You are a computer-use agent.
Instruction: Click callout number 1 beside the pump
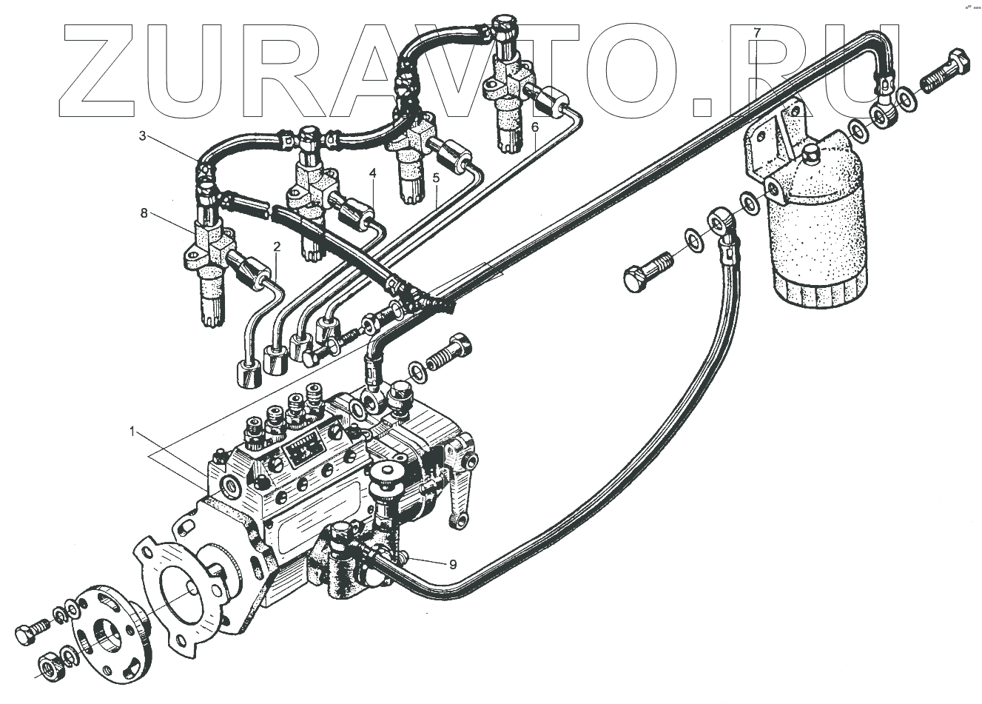point(132,432)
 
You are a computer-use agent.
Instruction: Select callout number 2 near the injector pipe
point(277,247)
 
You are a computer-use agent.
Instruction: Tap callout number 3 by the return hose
point(142,135)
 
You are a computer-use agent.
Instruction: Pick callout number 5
point(437,178)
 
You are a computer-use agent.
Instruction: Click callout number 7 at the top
point(756,33)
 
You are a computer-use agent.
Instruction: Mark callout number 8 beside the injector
point(144,213)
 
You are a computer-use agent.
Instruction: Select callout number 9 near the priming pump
point(453,564)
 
